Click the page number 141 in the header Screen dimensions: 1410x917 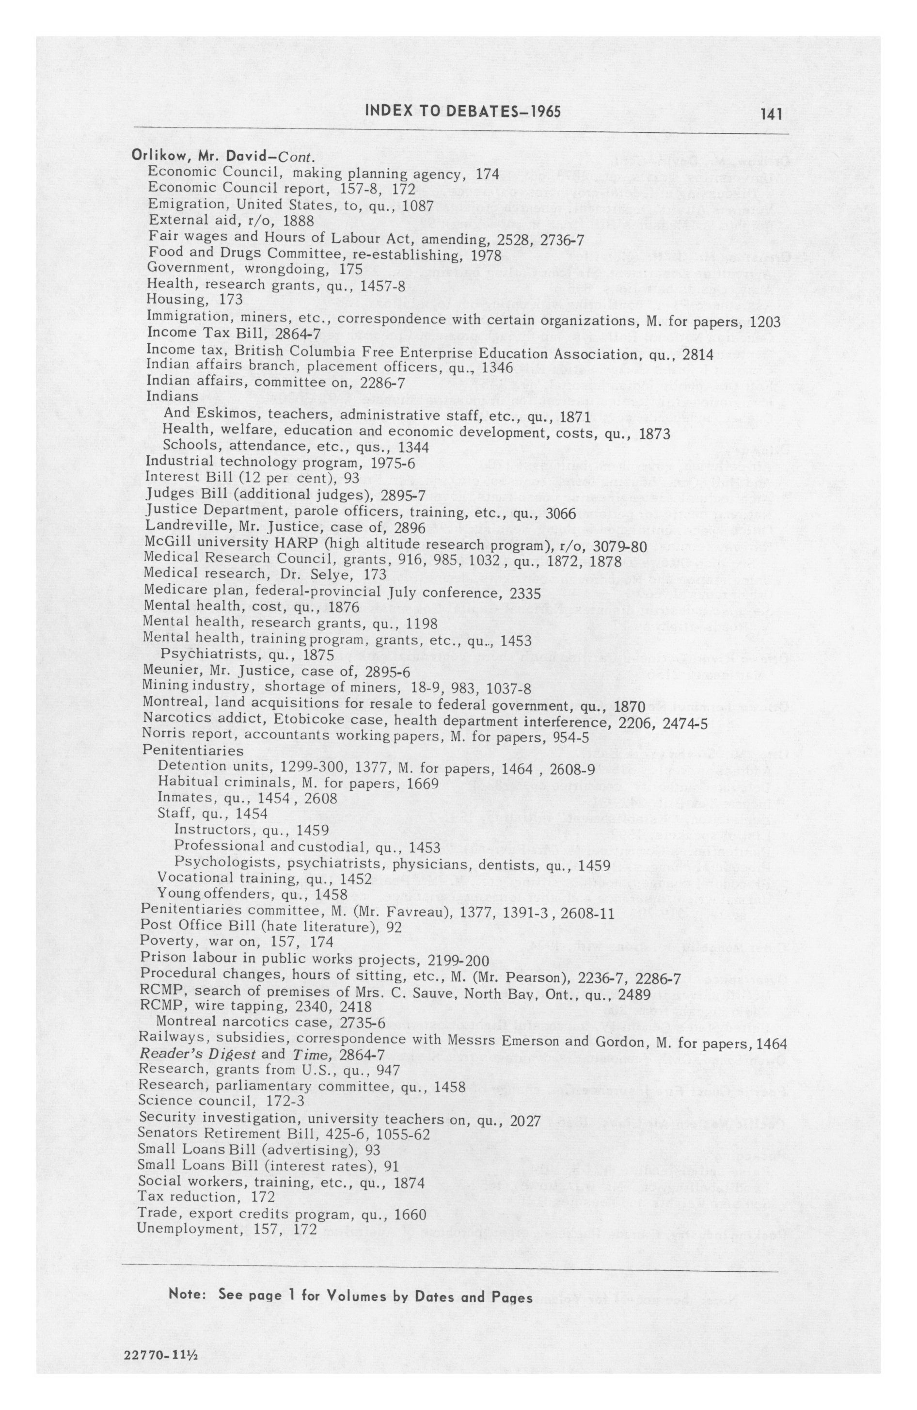pos(771,113)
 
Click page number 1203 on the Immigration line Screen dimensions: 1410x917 pos(765,323)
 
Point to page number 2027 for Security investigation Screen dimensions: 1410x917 pos(525,1122)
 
